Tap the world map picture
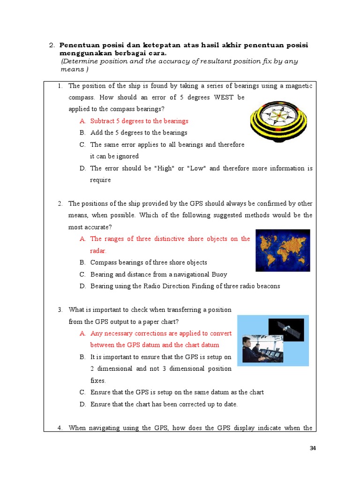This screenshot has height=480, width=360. (283, 250)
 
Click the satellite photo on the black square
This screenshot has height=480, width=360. (286, 330)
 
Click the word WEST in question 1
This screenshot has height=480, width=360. (224, 97)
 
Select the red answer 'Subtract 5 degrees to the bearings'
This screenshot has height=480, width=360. (139, 121)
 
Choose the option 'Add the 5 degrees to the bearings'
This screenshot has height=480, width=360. (139, 133)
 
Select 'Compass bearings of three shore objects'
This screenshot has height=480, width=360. (149, 262)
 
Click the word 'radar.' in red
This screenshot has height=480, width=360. (98, 251)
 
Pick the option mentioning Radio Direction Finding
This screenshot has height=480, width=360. (185, 286)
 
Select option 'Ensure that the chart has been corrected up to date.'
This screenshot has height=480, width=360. (164, 404)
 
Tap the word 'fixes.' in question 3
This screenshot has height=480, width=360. (98, 381)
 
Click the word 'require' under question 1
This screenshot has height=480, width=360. (100, 180)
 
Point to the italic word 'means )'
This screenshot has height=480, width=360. (74, 69)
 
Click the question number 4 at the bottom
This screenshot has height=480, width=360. (60, 427)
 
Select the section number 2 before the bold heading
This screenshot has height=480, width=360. (52, 45)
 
